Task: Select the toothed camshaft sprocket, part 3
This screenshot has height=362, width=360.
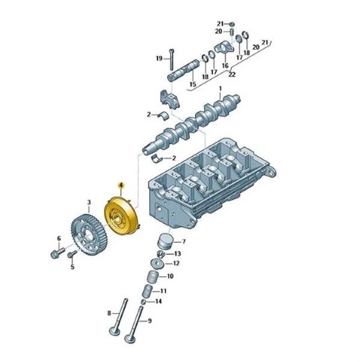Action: (x=89, y=234)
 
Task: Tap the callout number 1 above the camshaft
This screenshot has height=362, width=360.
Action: (x=220, y=89)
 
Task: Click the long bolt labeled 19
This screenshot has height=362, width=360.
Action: (x=171, y=59)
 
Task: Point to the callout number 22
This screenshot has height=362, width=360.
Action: (x=232, y=74)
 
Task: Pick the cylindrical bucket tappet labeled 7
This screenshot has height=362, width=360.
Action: (x=165, y=242)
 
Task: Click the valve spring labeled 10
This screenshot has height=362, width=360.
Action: (x=153, y=276)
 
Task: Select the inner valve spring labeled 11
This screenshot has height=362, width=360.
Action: (x=147, y=291)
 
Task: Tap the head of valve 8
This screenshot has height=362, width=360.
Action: (x=115, y=331)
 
